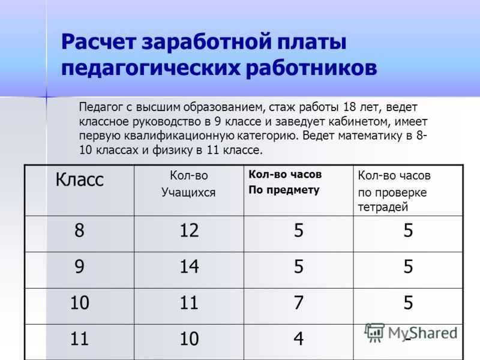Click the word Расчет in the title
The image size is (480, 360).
[98, 42]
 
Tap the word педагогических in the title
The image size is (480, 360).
[151, 68]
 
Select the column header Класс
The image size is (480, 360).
[80, 179]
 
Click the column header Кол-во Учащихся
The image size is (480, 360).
[188, 184]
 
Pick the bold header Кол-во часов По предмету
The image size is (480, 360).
[285, 182]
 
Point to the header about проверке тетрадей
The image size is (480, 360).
[394, 191]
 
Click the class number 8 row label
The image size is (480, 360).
[79, 230]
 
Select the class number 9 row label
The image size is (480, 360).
[79, 266]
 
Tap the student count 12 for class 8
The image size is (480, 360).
[189, 230]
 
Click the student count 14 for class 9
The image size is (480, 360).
[189, 266]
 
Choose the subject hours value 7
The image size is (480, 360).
[298, 302]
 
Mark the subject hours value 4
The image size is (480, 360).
[298, 338]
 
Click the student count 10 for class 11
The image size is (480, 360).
[189, 338]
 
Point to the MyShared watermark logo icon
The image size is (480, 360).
[374, 332]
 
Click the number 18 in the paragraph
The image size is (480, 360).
[350, 107]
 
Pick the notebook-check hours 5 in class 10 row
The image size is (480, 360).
[408, 302]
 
